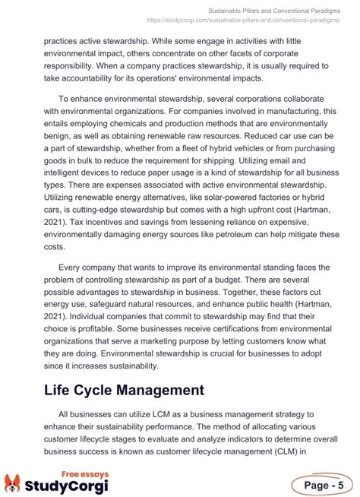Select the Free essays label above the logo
[84, 473]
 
